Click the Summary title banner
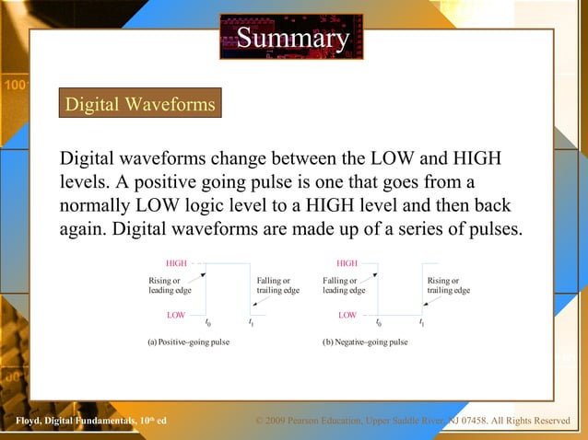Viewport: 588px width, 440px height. (293, 38)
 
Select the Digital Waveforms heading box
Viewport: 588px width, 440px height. (140, 104)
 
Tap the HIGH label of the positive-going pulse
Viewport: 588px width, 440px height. (176, 263)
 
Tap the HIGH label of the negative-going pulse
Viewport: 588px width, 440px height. (347, 263)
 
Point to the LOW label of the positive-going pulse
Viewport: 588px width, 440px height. (176, 315)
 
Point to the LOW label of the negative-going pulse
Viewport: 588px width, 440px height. (347, 315)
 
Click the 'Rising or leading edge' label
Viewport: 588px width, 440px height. (170, 285)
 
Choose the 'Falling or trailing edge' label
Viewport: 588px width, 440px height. (277, 285)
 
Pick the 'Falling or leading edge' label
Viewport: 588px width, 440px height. (344, 285)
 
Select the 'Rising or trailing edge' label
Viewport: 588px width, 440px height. (449, 285)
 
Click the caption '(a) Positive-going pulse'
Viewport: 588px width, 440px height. (188, 342)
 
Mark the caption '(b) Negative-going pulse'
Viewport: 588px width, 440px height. (364, 342)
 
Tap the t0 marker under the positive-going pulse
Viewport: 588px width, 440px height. (207, 322)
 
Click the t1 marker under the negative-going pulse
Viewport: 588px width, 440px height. (421, 322)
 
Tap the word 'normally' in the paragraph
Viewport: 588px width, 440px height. (99, 204)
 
